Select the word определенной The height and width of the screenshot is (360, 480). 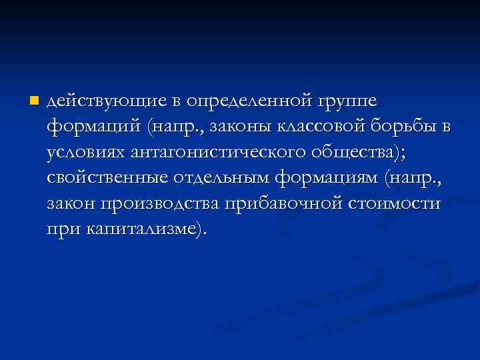(x=247, y=101)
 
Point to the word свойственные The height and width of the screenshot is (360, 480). (x=106, y=178)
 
